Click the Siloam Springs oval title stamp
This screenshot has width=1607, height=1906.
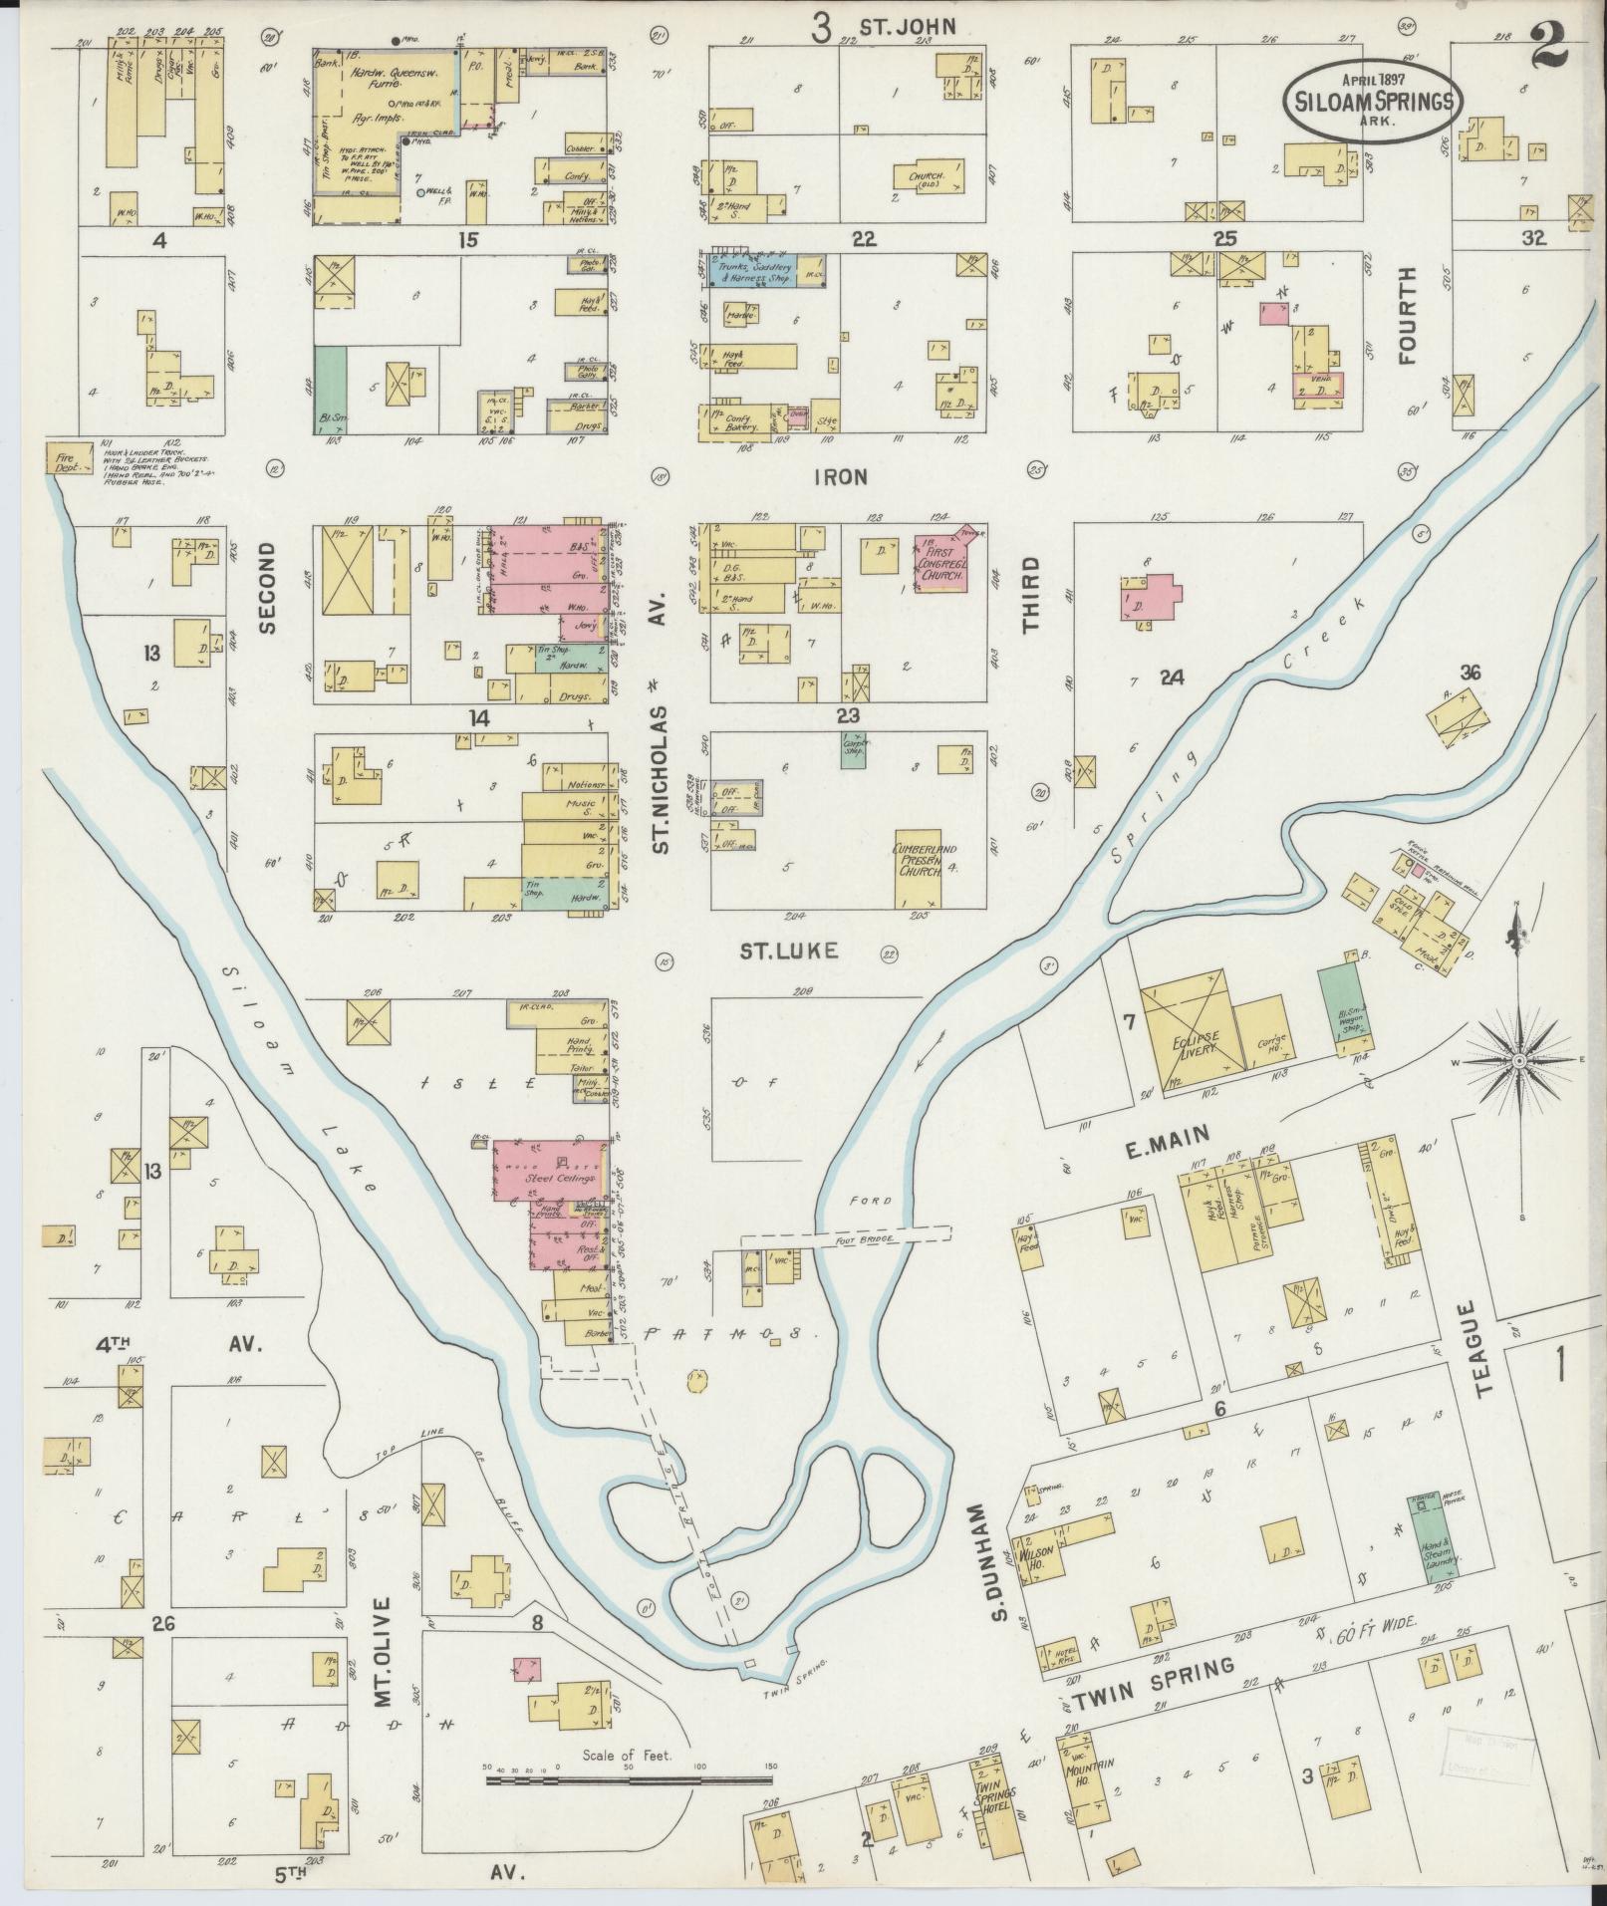[1372, 99]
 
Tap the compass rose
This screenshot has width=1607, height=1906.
[1518, 1062]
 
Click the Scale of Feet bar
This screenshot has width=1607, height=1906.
[628, 1778]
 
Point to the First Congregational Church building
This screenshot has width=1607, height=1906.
[941, 564]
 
